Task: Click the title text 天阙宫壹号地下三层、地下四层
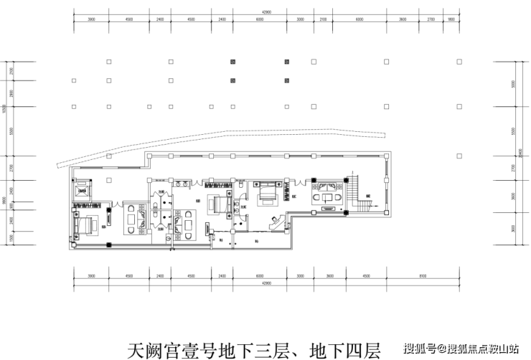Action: (253, 350)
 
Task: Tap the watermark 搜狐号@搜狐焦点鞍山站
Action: (461, 349)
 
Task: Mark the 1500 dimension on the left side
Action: (10, 237)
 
